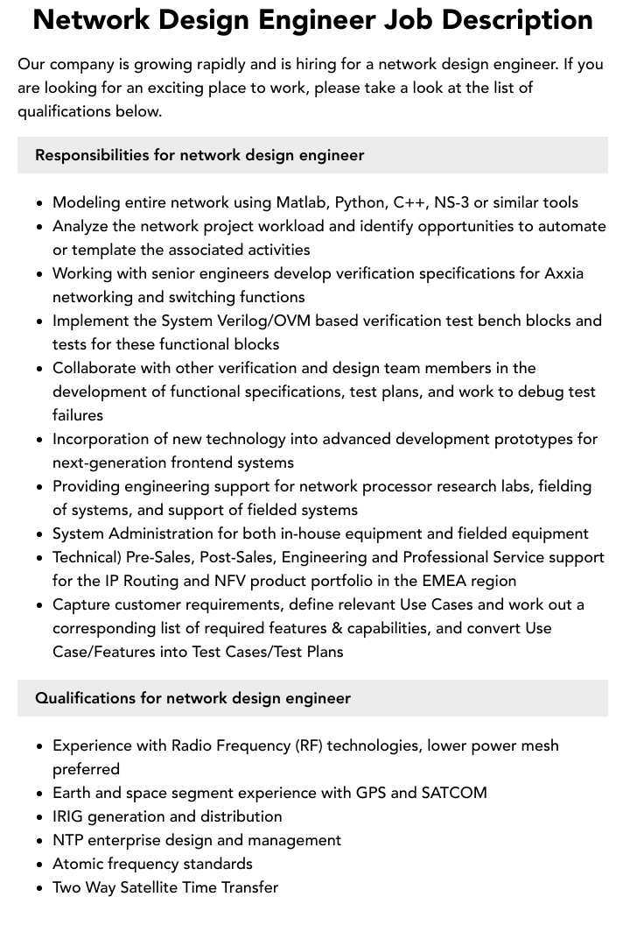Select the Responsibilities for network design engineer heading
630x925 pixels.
tap(199, 155)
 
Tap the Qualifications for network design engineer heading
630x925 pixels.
tap(192, 698)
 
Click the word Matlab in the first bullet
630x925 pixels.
tap(301, 202)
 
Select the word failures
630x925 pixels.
tap(78, 415)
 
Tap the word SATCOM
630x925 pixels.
tap(454, 793)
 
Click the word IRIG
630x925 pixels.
tap(69, 816)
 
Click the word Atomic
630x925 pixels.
tap(78, 864)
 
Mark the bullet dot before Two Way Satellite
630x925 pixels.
tap(40, 888)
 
